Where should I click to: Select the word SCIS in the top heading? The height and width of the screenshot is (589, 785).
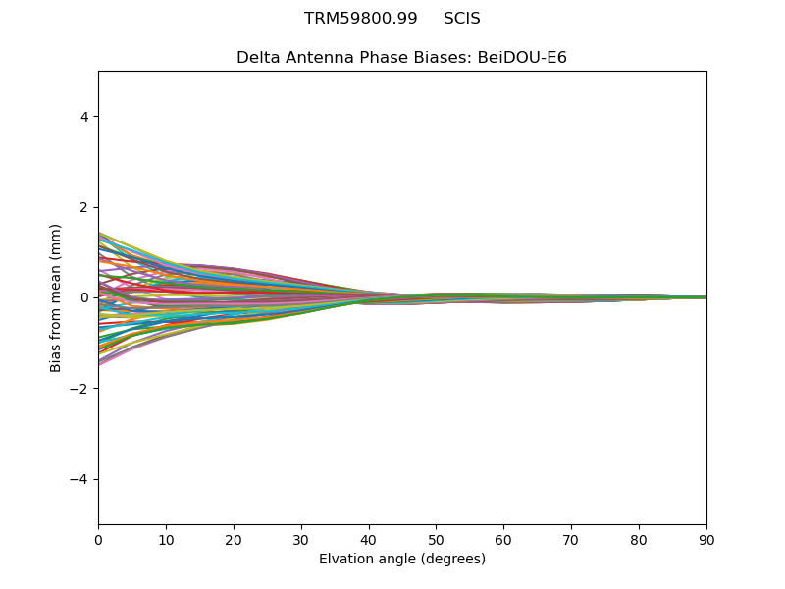pos(462,19)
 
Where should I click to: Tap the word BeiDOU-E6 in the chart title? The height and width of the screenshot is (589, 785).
pos(522,58)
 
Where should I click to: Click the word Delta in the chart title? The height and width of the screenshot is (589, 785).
pos(257,58)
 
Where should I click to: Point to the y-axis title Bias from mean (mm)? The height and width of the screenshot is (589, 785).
pos(57,297)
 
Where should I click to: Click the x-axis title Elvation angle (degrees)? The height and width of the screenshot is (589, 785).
pos(402,560)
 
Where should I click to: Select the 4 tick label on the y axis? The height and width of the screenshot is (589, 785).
pos(84,117)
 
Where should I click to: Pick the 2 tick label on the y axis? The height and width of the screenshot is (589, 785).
pos(84,207)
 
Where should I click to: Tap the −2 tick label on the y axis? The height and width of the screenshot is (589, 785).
pos(80,389)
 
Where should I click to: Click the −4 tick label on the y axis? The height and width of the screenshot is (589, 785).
pos(80,479)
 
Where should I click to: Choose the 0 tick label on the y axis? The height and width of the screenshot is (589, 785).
pos(84,297)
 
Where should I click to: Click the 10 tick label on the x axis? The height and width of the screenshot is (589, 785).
pos(166,540)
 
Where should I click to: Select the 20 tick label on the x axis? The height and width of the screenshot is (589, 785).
pos(234,540)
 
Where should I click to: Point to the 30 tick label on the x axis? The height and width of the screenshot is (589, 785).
pos(301,540)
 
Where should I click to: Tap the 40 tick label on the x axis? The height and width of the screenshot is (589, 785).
pos(369,540)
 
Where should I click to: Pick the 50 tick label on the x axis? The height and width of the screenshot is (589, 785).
pos(436,540)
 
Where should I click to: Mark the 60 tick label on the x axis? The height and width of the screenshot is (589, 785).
pos(503,540)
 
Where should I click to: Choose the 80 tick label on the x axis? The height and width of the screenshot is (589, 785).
pos(639,540)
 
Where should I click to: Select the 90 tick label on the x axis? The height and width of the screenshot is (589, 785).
pos(706,540)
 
